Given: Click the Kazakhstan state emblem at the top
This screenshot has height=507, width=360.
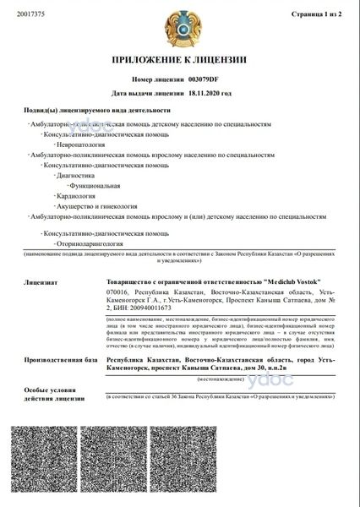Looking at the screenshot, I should point(179,27).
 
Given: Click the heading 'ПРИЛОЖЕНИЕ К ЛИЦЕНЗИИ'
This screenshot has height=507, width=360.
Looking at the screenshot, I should point(179,60).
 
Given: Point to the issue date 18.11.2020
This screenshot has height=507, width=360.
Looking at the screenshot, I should point(210,94).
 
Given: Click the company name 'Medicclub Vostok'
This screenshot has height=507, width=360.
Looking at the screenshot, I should point(286,281).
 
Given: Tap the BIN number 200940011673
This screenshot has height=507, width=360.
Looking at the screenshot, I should point(151,309).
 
